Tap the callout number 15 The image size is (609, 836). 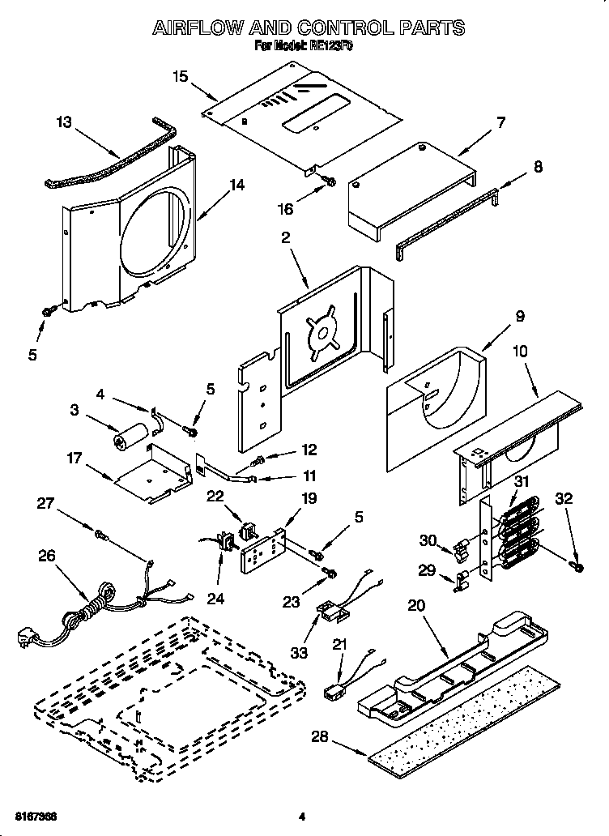click(x=180, y=77)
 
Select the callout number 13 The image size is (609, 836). click(x=64, y=122)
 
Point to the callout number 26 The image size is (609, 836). click(x=47, y=557)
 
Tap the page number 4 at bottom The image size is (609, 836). click(x=301, y=814)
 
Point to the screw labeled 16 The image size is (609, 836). click(x=329, y=181)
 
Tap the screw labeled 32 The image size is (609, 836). click(x=576, y=564)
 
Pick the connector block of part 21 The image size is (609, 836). click(x=331, y=693)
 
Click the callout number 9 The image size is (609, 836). click(x=496, y=316)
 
